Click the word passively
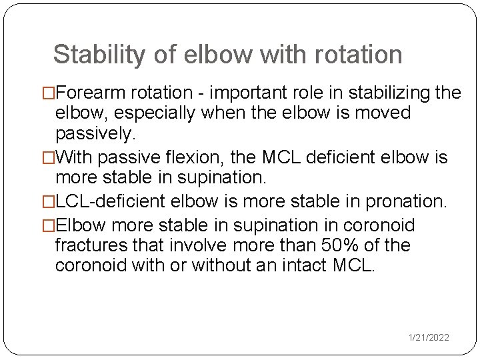point(95,133)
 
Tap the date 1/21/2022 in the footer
point(429,338)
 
